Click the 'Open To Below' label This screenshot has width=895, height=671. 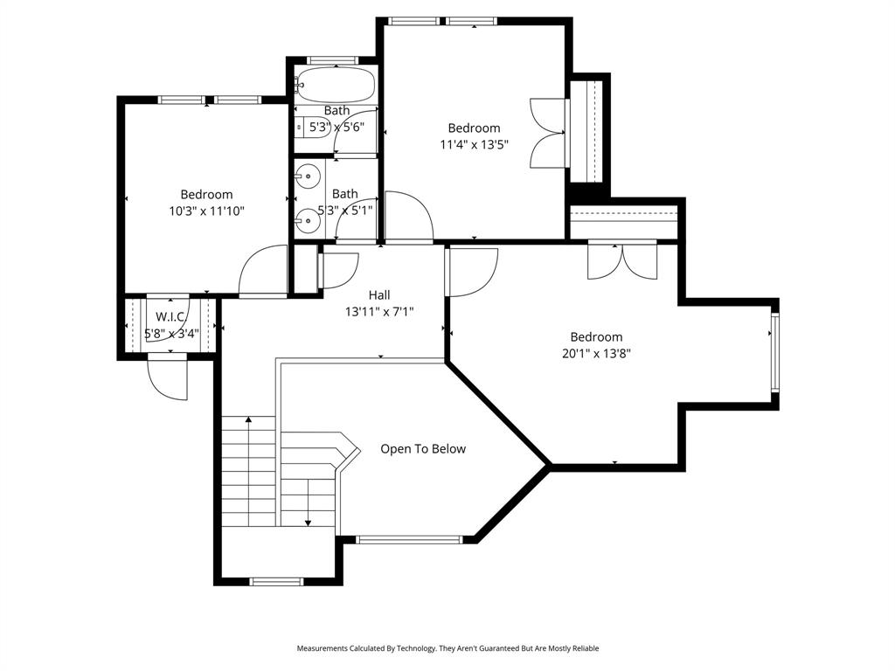point(423,449)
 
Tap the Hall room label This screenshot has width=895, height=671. point(378,295)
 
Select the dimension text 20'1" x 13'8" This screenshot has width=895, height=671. point(596,354)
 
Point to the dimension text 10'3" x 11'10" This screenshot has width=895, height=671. point(206,211)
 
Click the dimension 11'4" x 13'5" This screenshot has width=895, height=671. point(474,144)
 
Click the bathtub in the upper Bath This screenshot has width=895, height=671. point(335,86)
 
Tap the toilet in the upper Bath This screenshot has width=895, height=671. point(302,127)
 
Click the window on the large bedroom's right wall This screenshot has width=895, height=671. point(774,350)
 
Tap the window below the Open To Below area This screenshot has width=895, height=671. point(409,539)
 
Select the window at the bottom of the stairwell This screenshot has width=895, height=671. point(276,581)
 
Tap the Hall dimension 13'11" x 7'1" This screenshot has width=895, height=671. point(378,311)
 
